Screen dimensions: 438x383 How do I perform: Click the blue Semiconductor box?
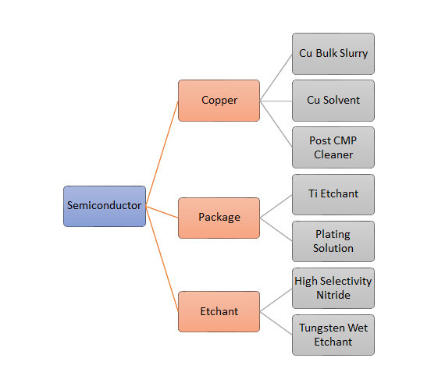click(105, 206)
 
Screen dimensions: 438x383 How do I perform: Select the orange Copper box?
click(219, 101)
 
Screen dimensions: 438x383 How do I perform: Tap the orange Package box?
click(219, 218)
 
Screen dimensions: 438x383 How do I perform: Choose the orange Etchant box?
click(219, 311)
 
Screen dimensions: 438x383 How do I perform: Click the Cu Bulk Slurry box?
click(333, 54)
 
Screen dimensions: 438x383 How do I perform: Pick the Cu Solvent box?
click(333, 101)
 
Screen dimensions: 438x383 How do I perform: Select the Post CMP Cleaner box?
click(333, 147)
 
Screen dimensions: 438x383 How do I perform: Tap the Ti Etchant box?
click(333, 194)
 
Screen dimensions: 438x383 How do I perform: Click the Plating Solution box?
click(333, 242)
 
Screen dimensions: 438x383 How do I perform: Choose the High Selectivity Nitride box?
click(333, 288)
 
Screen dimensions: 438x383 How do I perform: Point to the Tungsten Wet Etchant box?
click(333, 335)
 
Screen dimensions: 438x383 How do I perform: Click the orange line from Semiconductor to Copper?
click(162, 154)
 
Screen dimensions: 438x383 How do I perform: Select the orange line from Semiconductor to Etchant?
click(162, 259)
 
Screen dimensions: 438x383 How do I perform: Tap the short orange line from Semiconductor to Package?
click(162, 212)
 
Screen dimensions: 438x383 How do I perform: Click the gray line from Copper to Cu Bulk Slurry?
click(276, 77)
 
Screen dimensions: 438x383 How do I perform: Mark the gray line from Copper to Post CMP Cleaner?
click(276, 124)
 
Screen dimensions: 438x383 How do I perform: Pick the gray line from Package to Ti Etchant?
click(276, 206)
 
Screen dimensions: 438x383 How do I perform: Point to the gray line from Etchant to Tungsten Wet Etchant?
click(276, 323)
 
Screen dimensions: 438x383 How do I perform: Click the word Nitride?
click(333, 295)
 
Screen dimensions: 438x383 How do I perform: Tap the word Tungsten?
click(322, 328)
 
